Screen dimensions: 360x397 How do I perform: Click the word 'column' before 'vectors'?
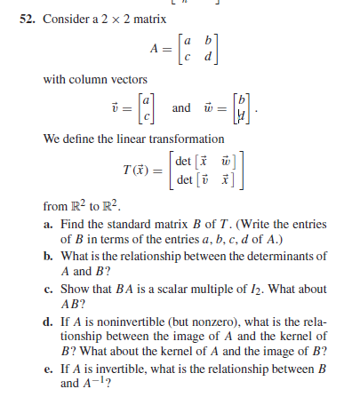pyautogui.click(x=83, y=81)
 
